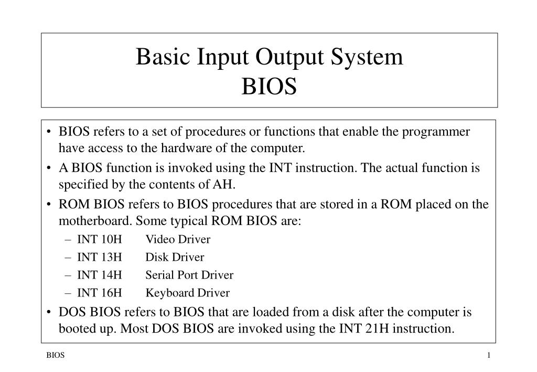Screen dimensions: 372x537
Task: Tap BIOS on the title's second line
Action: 269,87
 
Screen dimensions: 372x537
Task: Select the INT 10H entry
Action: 100,240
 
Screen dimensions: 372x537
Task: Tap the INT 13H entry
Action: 100,258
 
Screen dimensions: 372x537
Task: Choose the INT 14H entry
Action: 100,275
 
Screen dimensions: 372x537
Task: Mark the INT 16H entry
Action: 100,293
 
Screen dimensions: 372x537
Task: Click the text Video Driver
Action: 178,240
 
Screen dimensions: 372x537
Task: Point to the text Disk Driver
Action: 175,258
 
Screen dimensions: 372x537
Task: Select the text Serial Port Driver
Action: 189,275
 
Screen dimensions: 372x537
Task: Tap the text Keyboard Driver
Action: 187,293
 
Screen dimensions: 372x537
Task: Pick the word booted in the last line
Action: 76,329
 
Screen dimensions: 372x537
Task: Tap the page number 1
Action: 488,356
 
